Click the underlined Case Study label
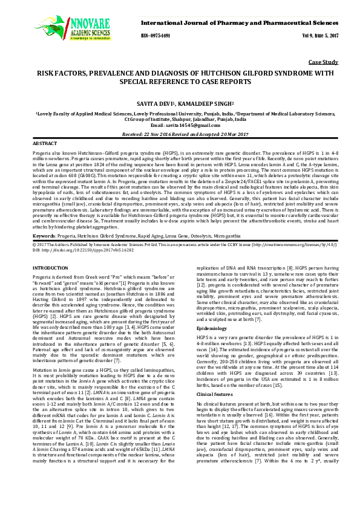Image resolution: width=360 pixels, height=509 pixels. click(x=322, y=62)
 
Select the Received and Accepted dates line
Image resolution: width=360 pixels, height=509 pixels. click(x=180, y=133)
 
